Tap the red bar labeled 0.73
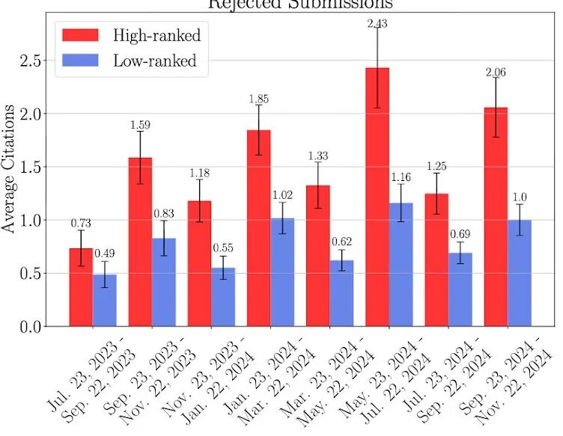click(81, 287)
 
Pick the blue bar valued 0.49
click(104, 300)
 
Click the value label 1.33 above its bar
click(317, 156)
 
